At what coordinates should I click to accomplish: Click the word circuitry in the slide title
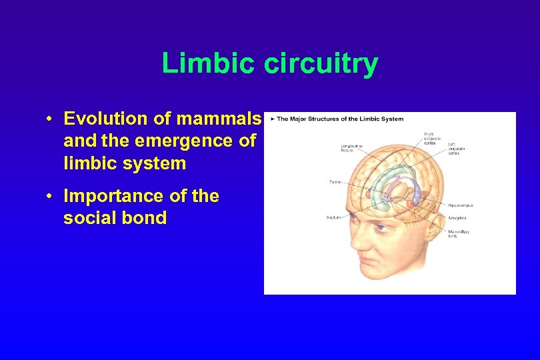coord(321,64)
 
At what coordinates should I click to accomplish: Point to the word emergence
coord(187,141)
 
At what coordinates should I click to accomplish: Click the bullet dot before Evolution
coord(50,119)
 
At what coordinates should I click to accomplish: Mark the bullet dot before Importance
coord(50,197)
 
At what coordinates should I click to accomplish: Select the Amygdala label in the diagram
coord(458,217)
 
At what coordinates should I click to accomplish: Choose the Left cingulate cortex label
coord(459,148)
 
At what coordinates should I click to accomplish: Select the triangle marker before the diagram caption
coord(273,119)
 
